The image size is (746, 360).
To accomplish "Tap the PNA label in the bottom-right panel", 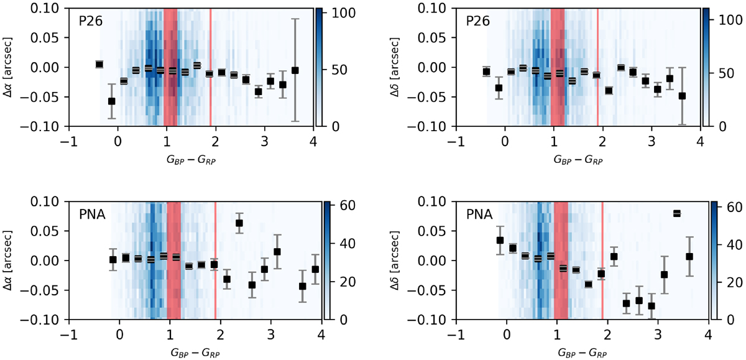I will click(479, 215).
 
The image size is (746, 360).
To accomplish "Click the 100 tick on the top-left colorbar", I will click(336, 12).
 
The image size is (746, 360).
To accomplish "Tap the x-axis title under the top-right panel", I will click(578, 160).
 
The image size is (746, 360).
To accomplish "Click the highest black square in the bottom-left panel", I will click(239, 223).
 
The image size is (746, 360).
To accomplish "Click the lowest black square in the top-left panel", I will click(111, 101).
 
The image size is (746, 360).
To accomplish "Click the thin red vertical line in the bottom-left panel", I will click(215, 261).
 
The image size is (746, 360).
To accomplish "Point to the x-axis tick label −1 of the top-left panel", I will click(69, 141).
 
